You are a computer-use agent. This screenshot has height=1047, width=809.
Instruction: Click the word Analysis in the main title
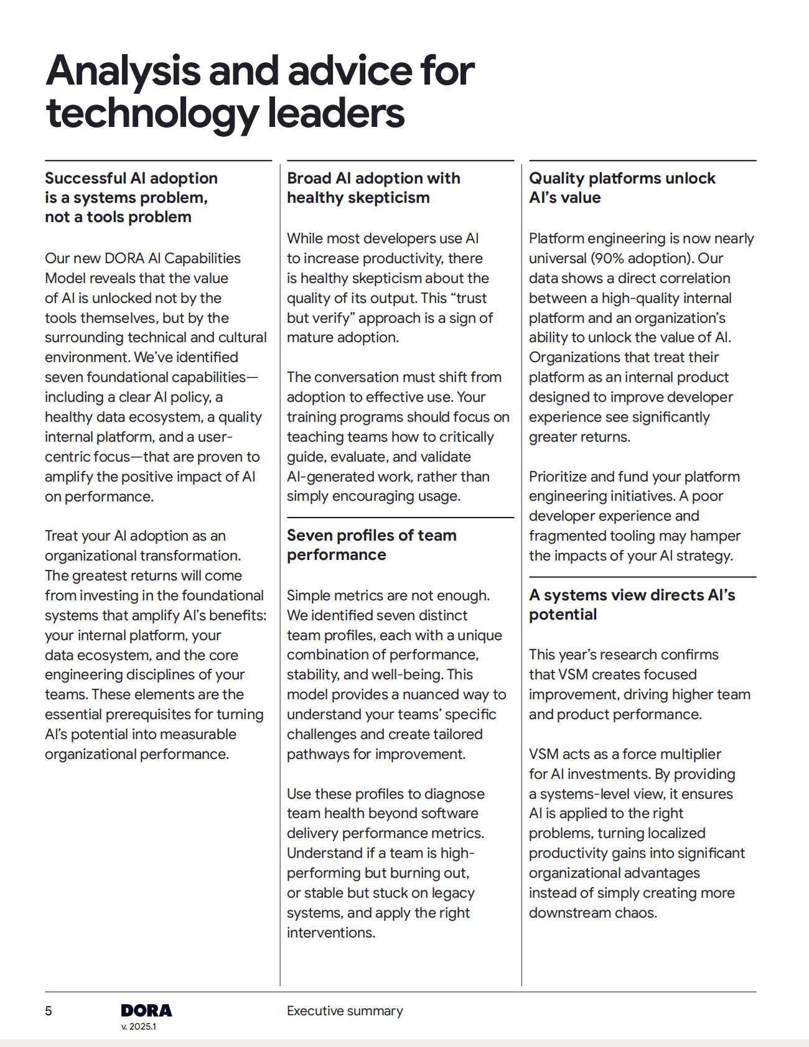pos(123,71)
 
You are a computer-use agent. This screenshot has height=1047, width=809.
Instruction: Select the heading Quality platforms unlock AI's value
pos(622,188)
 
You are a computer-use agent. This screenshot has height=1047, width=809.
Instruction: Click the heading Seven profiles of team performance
pos(372,545)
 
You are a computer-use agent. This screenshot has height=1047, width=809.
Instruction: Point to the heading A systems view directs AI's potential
pos(632,605)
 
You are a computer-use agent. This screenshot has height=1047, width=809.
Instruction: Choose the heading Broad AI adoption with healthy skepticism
pos(373,188)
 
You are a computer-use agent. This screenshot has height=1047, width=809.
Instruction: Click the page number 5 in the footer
pos(49,1011)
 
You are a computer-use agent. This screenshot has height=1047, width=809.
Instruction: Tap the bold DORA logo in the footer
pos(146,1010)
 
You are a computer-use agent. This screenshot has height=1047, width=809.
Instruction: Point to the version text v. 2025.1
pos(139,1026)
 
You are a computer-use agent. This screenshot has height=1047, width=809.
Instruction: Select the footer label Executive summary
pos(345,1011)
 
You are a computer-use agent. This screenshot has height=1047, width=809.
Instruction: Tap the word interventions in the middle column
pos(330,933)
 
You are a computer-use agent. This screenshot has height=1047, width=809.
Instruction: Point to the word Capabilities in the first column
pos(203,258)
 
